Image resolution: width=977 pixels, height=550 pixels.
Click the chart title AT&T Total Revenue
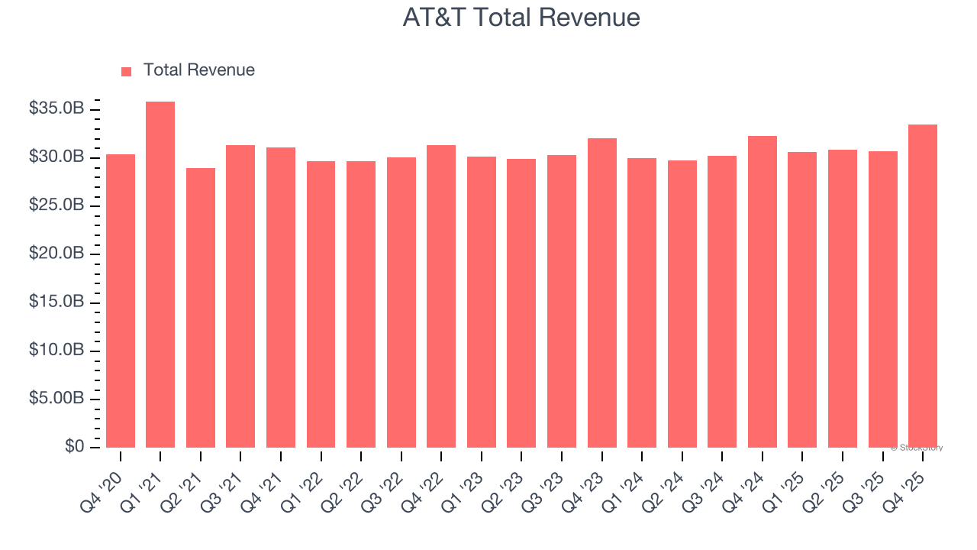point(521,18)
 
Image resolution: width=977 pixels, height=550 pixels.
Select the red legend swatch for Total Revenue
point(127,71)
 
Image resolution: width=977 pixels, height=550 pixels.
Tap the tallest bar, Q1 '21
point(160,275)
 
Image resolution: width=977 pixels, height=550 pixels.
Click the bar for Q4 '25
point(923,286)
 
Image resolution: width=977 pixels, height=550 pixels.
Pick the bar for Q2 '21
point(201,308)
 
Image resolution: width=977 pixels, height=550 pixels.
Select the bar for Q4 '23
point(602,293)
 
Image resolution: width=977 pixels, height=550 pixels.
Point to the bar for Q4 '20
point(121,301)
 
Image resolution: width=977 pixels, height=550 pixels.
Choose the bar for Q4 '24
point(763,292)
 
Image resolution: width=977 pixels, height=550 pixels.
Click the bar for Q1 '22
point(321,304)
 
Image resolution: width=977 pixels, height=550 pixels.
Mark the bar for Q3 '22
point(401,302)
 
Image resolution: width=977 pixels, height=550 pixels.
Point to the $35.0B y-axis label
point(56,109)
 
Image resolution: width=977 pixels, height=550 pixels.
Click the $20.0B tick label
point(56,254)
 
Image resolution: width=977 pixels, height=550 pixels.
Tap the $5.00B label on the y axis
point(56,398)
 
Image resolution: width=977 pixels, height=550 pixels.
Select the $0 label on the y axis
point(74,446)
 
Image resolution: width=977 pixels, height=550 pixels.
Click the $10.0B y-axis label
point(56,350)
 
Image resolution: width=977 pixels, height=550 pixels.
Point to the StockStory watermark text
point(917,448)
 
